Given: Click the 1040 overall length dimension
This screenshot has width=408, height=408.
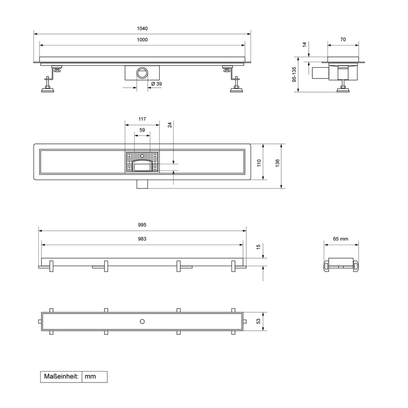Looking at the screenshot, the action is coord(142,29).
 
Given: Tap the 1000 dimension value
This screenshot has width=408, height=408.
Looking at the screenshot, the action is coord(142,40).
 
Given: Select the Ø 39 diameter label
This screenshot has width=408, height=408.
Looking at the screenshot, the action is coord(156,84).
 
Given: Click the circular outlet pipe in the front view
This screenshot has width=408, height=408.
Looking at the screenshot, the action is coord(142,73).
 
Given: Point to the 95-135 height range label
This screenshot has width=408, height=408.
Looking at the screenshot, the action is coord(294,75).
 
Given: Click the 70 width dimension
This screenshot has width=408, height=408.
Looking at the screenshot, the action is coord(343,39).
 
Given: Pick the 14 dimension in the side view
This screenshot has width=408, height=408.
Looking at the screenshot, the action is coord(304,45).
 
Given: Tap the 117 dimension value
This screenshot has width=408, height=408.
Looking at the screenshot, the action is coord(142,119).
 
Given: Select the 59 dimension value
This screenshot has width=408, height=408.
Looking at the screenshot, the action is coord(142,130).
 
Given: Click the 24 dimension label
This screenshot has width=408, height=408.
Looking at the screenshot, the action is coord(170,125).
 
